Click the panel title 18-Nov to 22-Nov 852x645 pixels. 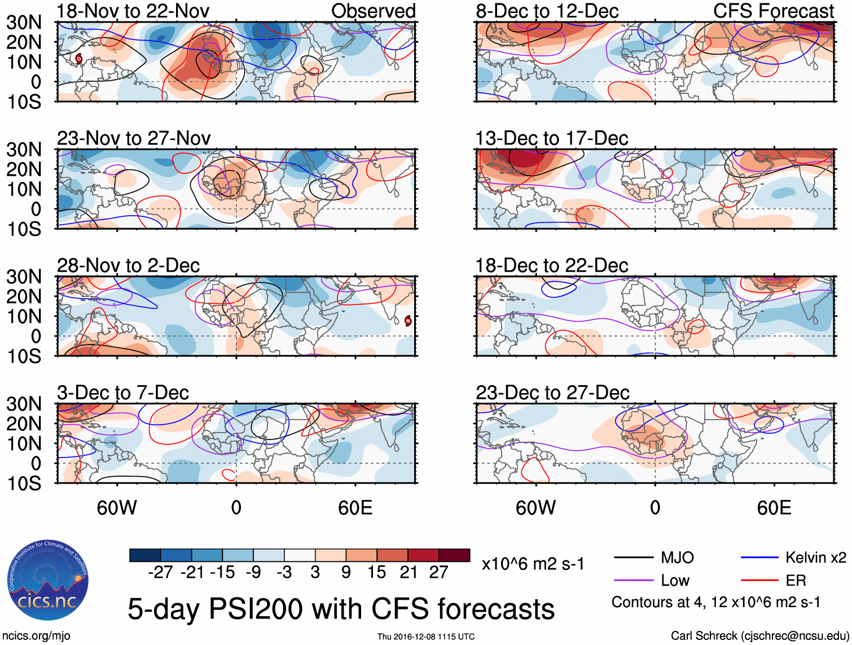(133, 11)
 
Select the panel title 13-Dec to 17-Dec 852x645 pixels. (551, 138)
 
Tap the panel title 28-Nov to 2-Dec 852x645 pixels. (128, 265)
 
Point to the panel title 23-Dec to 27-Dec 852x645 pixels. (552, 393)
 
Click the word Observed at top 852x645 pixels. (373, 11)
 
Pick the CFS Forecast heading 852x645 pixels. (773, 11)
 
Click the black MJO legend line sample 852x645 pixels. (633, 558)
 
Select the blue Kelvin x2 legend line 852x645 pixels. (759, 558)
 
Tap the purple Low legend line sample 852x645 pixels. (633, 580)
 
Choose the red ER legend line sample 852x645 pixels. (759, 580)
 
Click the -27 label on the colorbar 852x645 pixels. (160, 572)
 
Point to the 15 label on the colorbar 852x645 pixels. (376, 572)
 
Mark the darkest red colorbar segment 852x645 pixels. (454, 555)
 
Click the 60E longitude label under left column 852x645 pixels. (355, 508)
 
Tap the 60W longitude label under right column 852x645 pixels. (535, 508)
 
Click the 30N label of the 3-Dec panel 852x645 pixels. (24, 404)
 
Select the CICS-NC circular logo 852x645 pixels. (48, 582)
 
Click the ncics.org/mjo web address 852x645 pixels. (36, 635)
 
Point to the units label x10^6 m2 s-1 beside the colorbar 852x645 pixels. (533, 564)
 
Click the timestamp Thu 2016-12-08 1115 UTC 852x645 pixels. (426, 637)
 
